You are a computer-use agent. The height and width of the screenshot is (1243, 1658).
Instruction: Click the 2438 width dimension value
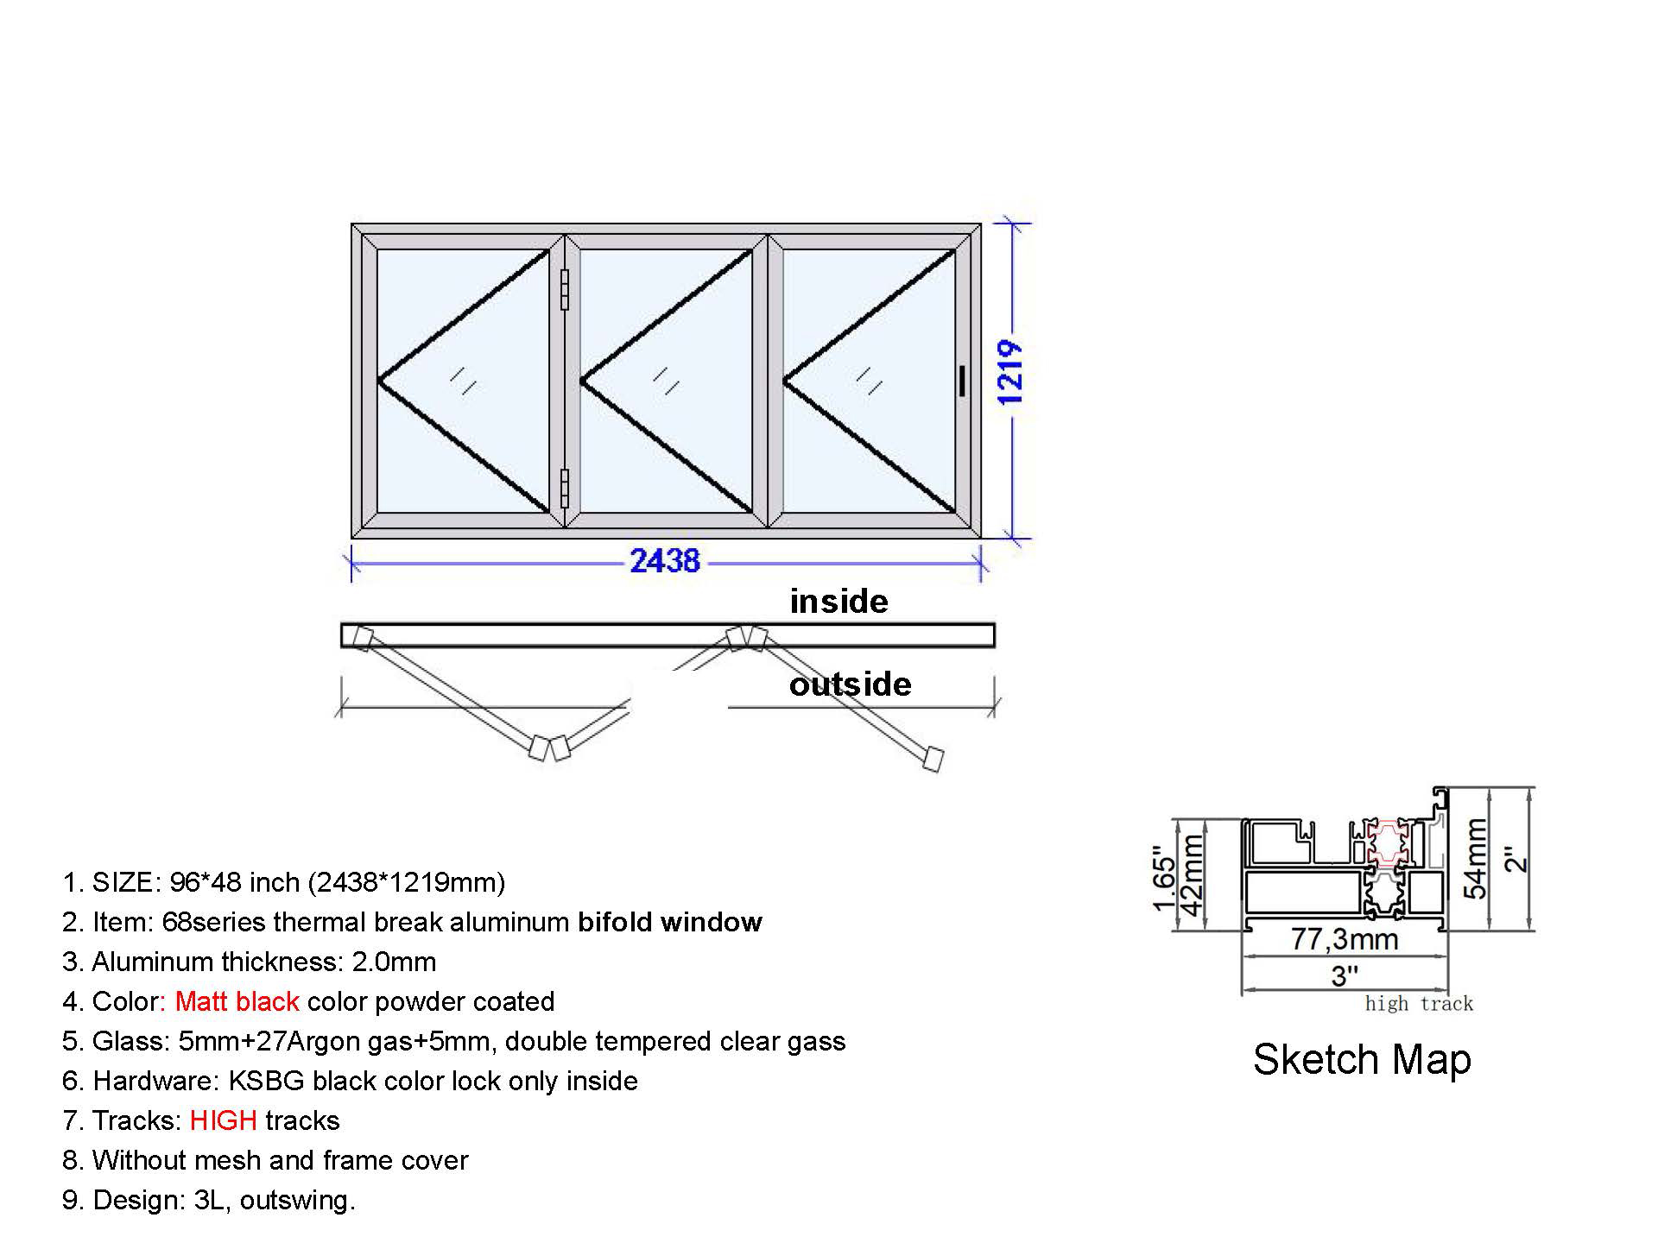[x=664, y=561]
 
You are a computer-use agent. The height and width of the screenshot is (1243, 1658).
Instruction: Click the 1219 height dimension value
[x=1009, y=373]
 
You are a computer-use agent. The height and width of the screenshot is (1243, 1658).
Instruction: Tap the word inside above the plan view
[x=838, y=602]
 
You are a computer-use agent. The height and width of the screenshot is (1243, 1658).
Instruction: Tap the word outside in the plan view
[x=850, y=685]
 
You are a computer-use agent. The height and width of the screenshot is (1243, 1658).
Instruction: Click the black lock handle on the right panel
[x=962, y=381]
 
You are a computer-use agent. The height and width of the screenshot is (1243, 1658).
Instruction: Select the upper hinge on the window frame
[x=565, y=290]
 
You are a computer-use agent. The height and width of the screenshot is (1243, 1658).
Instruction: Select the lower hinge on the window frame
[x=565, y=489]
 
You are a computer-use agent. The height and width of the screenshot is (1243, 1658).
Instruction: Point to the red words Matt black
[x=237, y=1001]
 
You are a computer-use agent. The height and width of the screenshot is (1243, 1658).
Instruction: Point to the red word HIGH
[x=223, y=1120]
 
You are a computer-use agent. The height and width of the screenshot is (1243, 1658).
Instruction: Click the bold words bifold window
[x=670, y=922]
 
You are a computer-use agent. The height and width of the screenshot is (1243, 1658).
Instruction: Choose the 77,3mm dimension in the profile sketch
[x=1345, y=939]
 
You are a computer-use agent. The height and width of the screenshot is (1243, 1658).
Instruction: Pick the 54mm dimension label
[x=1475, y=858]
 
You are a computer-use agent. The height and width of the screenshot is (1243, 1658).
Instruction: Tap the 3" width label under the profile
[x=1345, y=976]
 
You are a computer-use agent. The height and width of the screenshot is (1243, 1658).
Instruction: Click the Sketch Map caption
[x=1362, y=1060]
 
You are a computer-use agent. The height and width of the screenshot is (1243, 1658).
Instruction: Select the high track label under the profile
[x=1419, y=1004]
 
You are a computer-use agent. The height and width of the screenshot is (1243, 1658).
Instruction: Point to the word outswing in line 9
[x=294, y=1201]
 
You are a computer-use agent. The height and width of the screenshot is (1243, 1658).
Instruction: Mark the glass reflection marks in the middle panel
[x=666, y=381]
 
